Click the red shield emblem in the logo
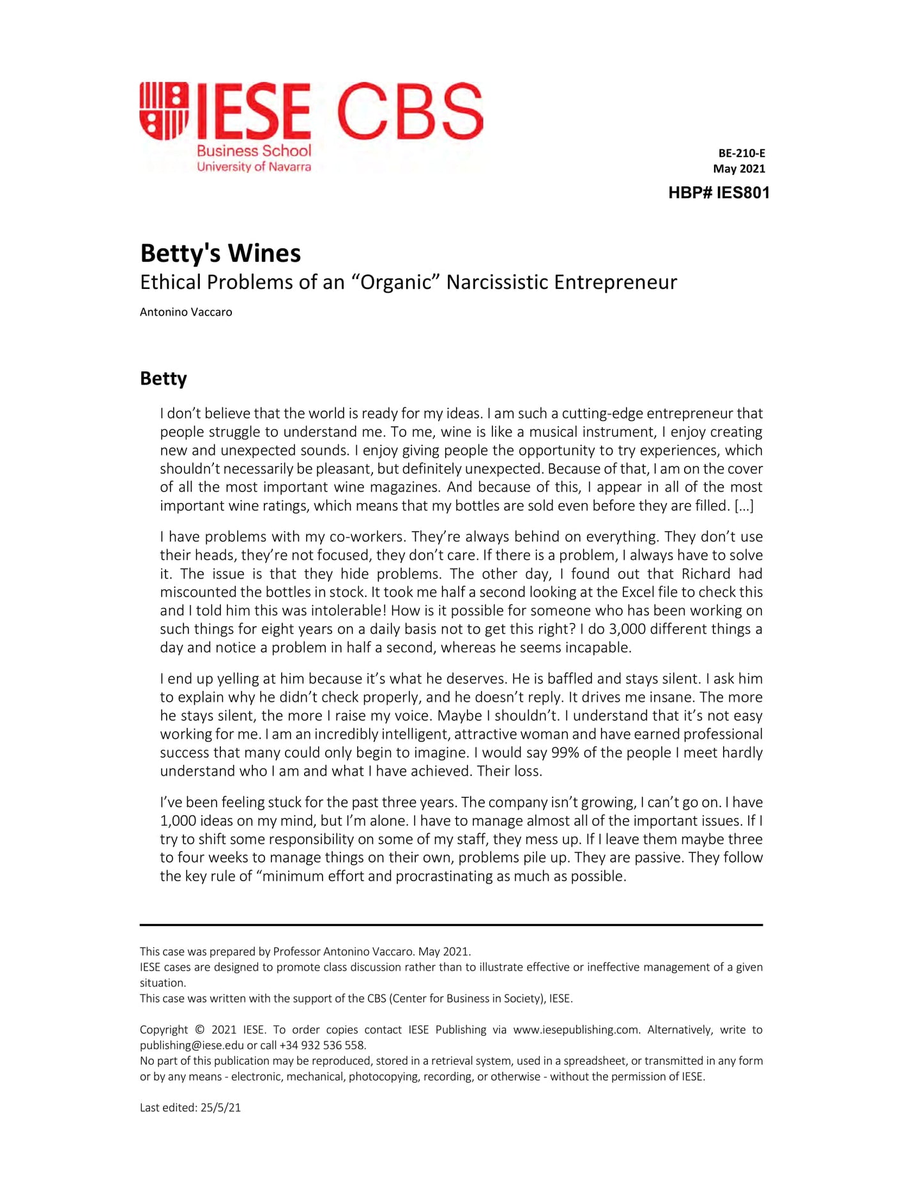(x=164, y=111)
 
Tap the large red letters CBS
(x=409, y=111)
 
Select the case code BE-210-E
(x=742, y=153)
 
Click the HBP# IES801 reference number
(x=719, y=193)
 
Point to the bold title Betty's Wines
(x=220, y=253)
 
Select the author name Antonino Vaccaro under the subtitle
(x=186, y=312)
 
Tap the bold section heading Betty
(x=164, y=378)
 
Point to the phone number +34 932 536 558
(x=323, y=1046)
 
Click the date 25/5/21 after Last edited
(x=220, y=1108)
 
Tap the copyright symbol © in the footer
(x=199, y=1030)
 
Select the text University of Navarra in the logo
(x=254, y=167)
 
